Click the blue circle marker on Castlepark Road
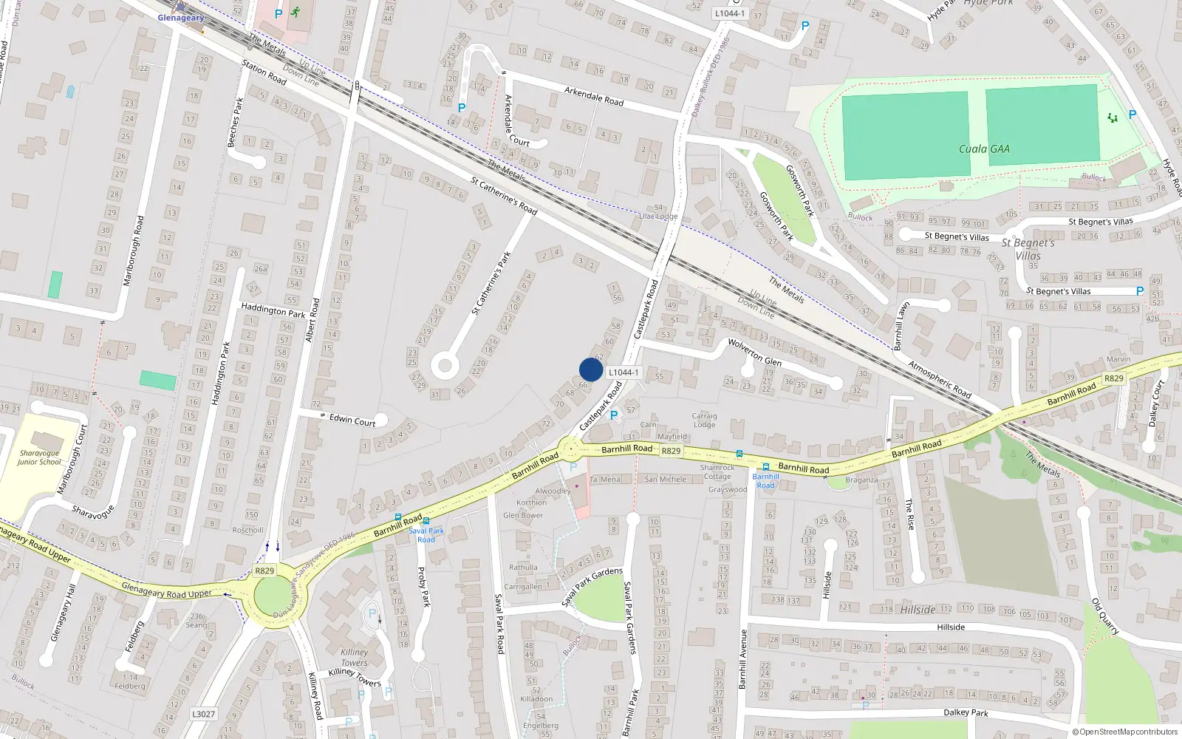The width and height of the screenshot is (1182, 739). coord(591,369)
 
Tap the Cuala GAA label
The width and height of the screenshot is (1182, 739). coord(983,149)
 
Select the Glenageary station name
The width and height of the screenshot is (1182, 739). coord(180,18)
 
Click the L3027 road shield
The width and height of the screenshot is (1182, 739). coord(203,714)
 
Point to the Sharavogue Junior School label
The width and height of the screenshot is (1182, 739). coord(39,457)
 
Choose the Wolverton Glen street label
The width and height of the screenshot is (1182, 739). coord(754,351)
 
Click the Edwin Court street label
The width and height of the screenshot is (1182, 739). coord(352,420)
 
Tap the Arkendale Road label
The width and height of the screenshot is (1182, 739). coord(593,96)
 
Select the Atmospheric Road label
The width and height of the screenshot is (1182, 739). coord(939,379)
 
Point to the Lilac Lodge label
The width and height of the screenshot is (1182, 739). coord(658,217)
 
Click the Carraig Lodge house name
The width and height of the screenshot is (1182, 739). coord(704,420)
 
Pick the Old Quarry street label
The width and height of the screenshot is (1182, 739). coord(1105,616)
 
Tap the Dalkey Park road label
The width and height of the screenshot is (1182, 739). coord(966,712)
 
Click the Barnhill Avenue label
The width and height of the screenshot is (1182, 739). coord(742,659)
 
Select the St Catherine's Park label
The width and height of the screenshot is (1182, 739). coord(491,283)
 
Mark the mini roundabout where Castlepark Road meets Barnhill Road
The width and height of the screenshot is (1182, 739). coord(570,449)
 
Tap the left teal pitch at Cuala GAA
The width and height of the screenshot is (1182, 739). coord(905,135)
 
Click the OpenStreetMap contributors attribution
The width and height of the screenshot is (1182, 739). coord(1125,732)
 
